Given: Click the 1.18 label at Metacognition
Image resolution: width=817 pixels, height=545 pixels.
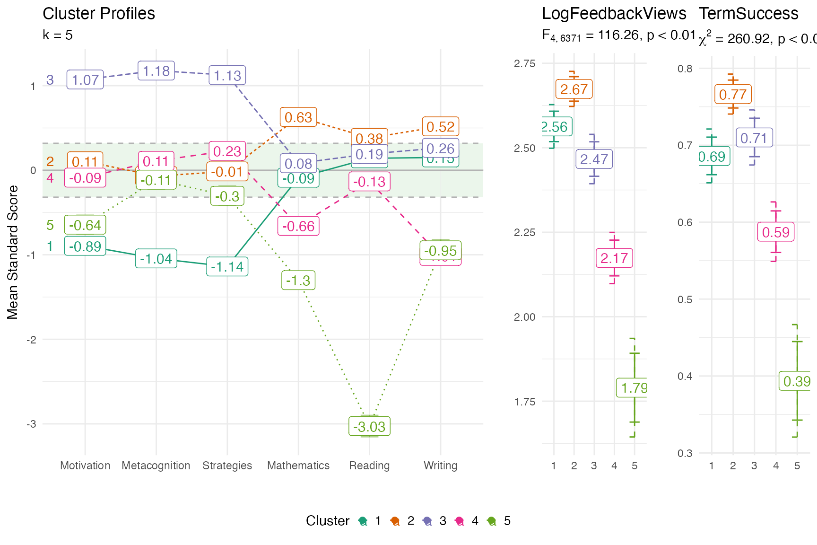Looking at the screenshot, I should (x=156, y=71).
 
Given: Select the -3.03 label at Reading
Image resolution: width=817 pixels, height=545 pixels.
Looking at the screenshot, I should (x=369, y=427).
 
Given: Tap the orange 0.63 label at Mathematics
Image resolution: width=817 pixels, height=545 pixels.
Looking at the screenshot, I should (x=298, y=117).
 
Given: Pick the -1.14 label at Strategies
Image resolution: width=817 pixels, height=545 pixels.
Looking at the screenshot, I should (x=227, y=267).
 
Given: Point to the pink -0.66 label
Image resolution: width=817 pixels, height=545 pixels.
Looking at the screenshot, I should (x=298, y=226).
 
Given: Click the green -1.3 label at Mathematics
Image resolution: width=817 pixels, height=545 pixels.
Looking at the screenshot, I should (x=298, y=281).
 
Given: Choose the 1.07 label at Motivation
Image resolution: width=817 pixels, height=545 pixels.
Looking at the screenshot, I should (x=85, y=79).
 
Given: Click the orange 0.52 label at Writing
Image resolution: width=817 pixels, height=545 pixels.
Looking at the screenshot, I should (x=440, y=127).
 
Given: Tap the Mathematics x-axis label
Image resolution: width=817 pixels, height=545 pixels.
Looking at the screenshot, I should (x=298, y=466).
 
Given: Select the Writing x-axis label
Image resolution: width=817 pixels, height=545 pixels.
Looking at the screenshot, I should (x=440, y=466).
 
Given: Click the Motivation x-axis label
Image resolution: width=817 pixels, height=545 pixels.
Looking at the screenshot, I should (x=85, y=466).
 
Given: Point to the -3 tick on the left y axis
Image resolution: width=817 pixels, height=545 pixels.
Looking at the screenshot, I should (x=31, y=424).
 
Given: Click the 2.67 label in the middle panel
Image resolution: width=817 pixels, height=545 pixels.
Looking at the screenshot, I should (x=574, y=89).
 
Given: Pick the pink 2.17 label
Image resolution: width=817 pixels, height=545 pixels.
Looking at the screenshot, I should (x=614, y=258).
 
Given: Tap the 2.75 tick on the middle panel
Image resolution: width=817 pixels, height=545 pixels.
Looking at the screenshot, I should (x=524, y=63).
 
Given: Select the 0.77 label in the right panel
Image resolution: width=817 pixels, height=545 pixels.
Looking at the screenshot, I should (x=733, y=95).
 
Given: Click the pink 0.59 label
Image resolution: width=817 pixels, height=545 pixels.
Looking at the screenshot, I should (x=775, y=232).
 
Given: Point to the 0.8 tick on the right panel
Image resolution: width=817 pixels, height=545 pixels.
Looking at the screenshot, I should (x=685, y=69).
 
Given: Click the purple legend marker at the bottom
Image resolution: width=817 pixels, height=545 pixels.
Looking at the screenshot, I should (x=427, y=521).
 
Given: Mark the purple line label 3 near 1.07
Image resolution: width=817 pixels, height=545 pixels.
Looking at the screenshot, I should (x=50, y=79).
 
